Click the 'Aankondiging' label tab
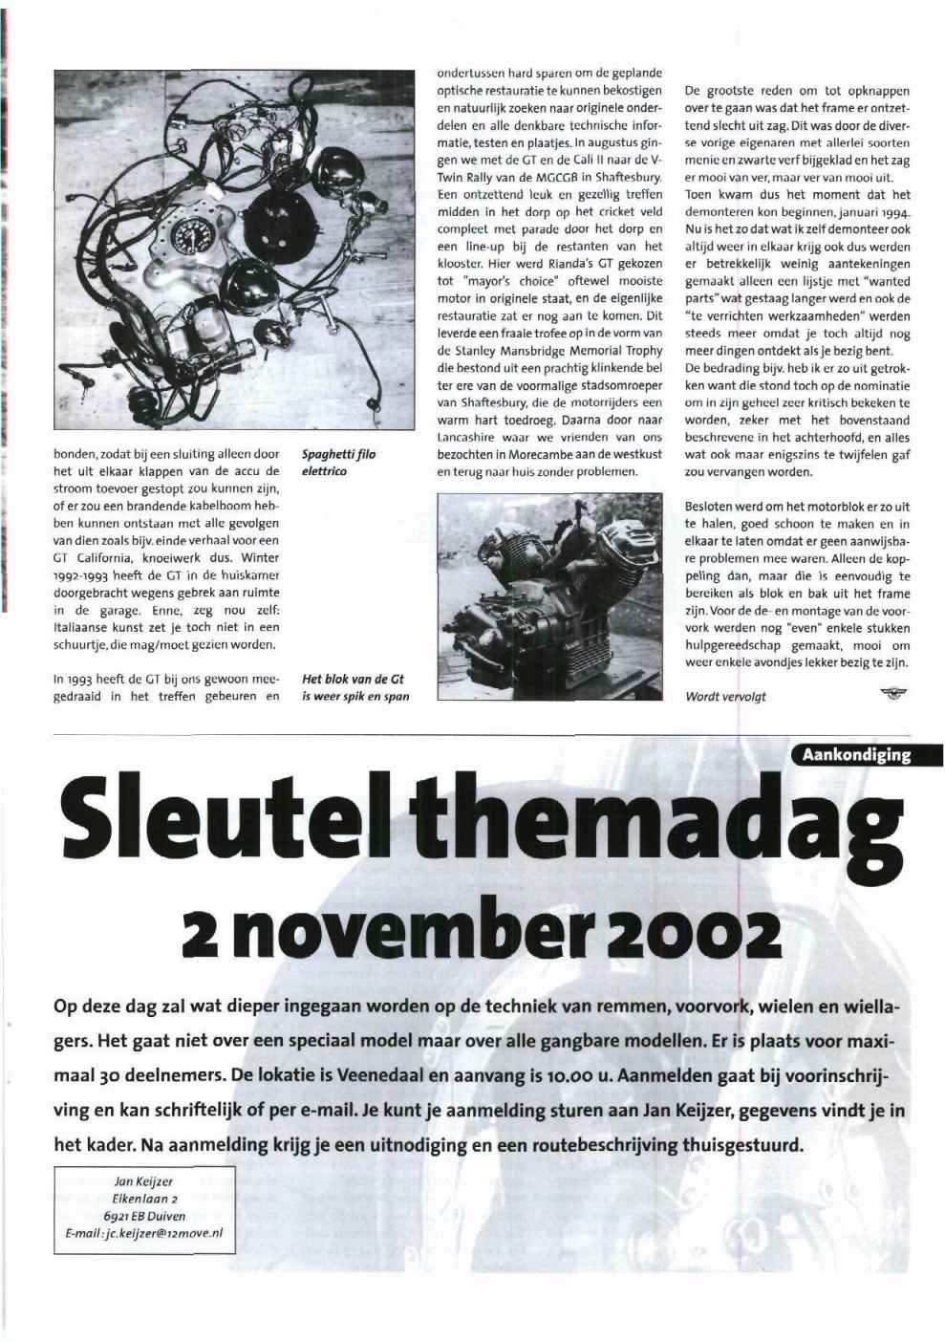click(856, 755)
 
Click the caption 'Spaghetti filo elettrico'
click(338, 463)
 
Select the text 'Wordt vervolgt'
click(725, 697)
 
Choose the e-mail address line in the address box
click(143, 1234)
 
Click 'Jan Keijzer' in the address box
click(143, 1181)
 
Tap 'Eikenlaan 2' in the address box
click(143, 1199)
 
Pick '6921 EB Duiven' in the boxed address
click(143, 1216)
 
